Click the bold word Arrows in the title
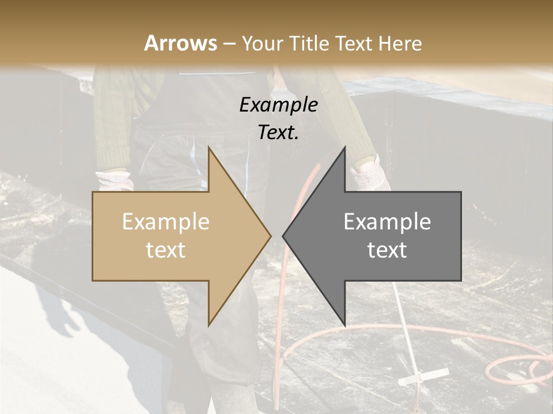181,43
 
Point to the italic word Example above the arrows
279,105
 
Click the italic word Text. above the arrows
279,132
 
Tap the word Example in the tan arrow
166,222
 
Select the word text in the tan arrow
166,250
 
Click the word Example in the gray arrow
387,222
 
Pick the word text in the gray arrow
387,250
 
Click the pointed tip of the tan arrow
271,236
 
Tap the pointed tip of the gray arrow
283,236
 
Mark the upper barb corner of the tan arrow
209,147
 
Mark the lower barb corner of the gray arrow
344,325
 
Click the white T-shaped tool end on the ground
423,377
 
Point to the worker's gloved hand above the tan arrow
115,179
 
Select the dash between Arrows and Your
229,44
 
